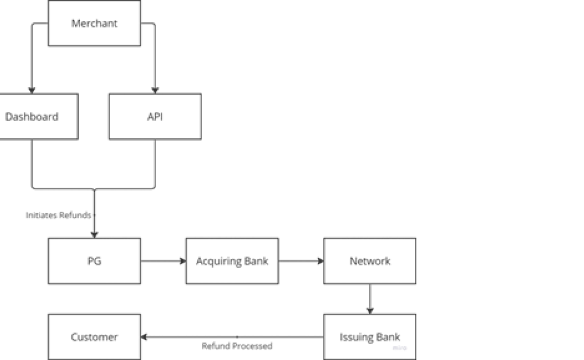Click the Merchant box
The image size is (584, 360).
tap(94, 23)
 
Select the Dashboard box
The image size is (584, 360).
tap(39, 117)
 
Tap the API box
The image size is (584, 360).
tap(155, 117)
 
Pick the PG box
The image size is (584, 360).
tap(94, 261)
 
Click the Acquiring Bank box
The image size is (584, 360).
tap(232, 261)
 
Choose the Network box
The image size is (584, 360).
tap(370, 261)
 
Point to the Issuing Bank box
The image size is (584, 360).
tap(370, 337)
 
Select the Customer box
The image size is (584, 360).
tap(94, 337)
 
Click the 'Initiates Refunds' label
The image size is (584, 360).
tap(59, 215)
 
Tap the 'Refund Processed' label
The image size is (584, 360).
tap(237, 346)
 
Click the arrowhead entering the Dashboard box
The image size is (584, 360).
tap(32, 90)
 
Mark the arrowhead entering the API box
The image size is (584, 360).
tap(155, 90)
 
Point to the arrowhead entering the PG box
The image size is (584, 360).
tap(94, 235)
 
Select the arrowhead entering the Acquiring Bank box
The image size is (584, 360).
tap(183, 261)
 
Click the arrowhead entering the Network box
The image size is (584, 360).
tap(321, 261)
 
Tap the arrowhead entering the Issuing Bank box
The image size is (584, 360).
tap(370, 311)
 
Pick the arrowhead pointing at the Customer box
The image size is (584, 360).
tap(144, 337)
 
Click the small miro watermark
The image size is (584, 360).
tap(400, 348)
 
